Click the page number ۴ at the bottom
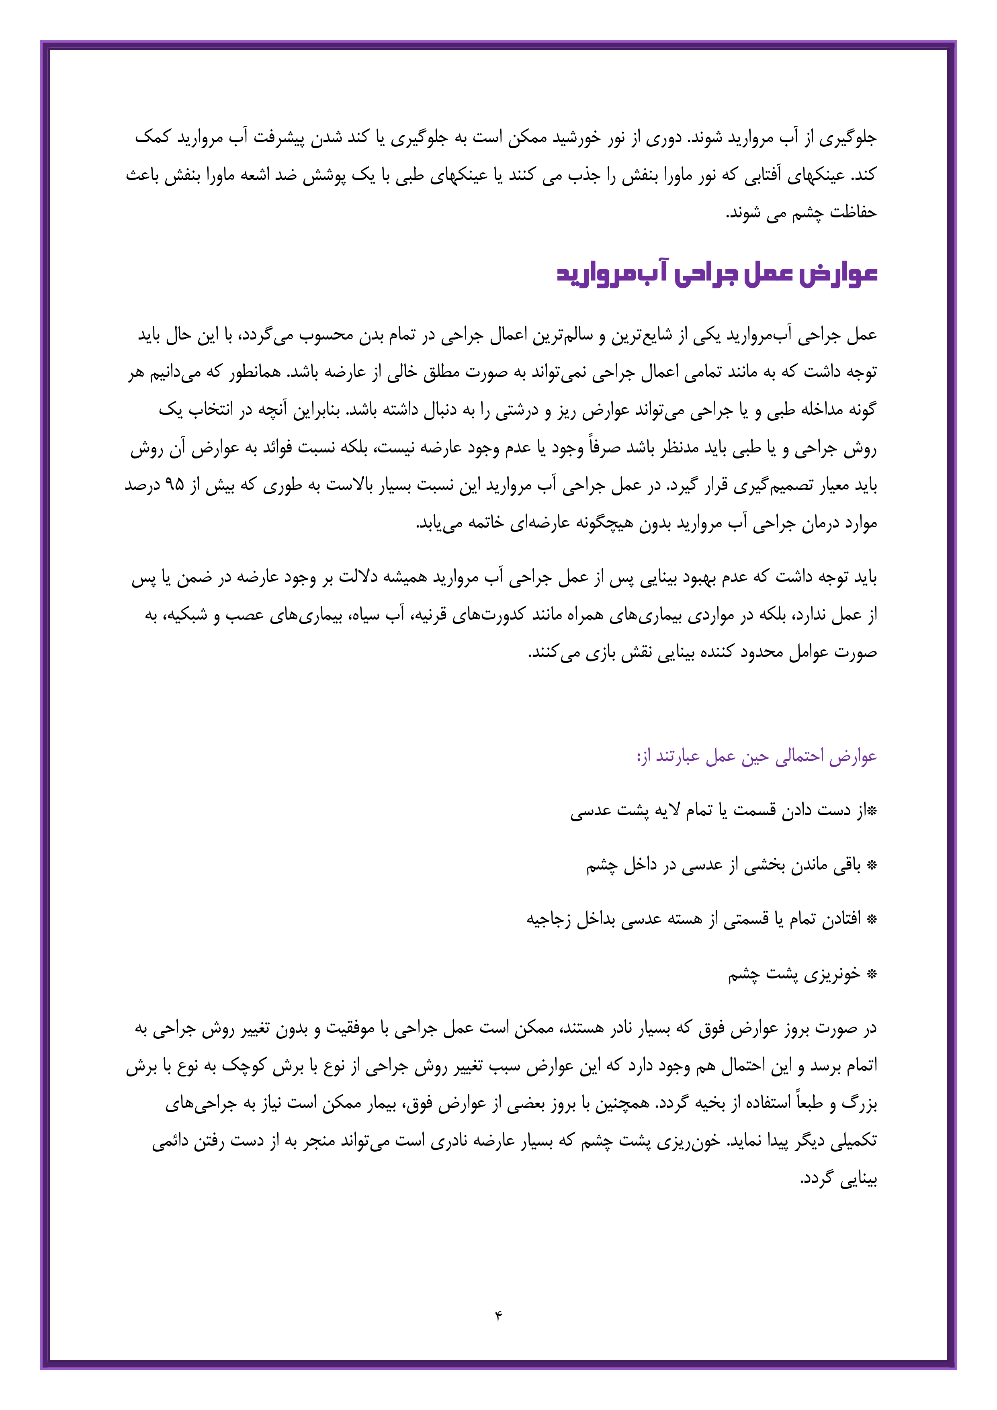(498, 1316)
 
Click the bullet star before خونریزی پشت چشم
(871, 974)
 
